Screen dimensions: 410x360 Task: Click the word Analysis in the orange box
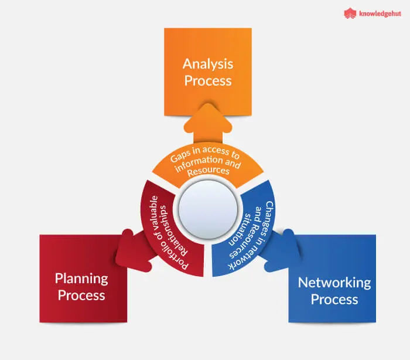coord(208,64)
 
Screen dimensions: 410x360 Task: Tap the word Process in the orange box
coord(208,81)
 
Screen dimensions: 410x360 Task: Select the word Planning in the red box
coord(81,279)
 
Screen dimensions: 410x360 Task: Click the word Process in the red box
coord(81,296)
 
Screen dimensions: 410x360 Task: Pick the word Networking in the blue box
coord(334,283)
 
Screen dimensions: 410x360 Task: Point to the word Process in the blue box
coord(334,299)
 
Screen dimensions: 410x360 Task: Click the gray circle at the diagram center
coord(208,209)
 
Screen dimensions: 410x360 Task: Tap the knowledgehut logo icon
coord(350,13)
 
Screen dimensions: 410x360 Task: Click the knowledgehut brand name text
coord(380,13)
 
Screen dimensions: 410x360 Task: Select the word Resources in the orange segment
coord(209,171)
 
